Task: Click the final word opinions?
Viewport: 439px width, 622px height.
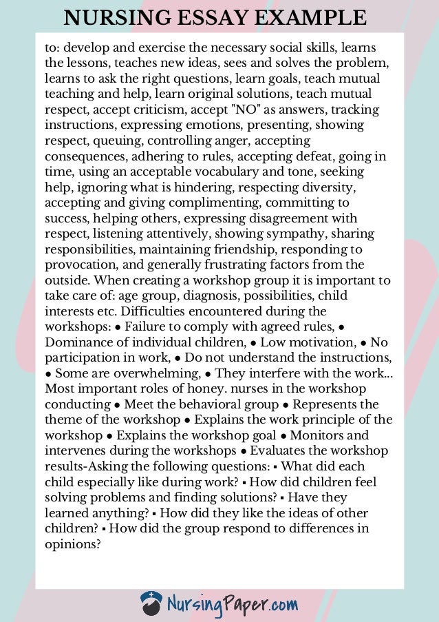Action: pos(73,543)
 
